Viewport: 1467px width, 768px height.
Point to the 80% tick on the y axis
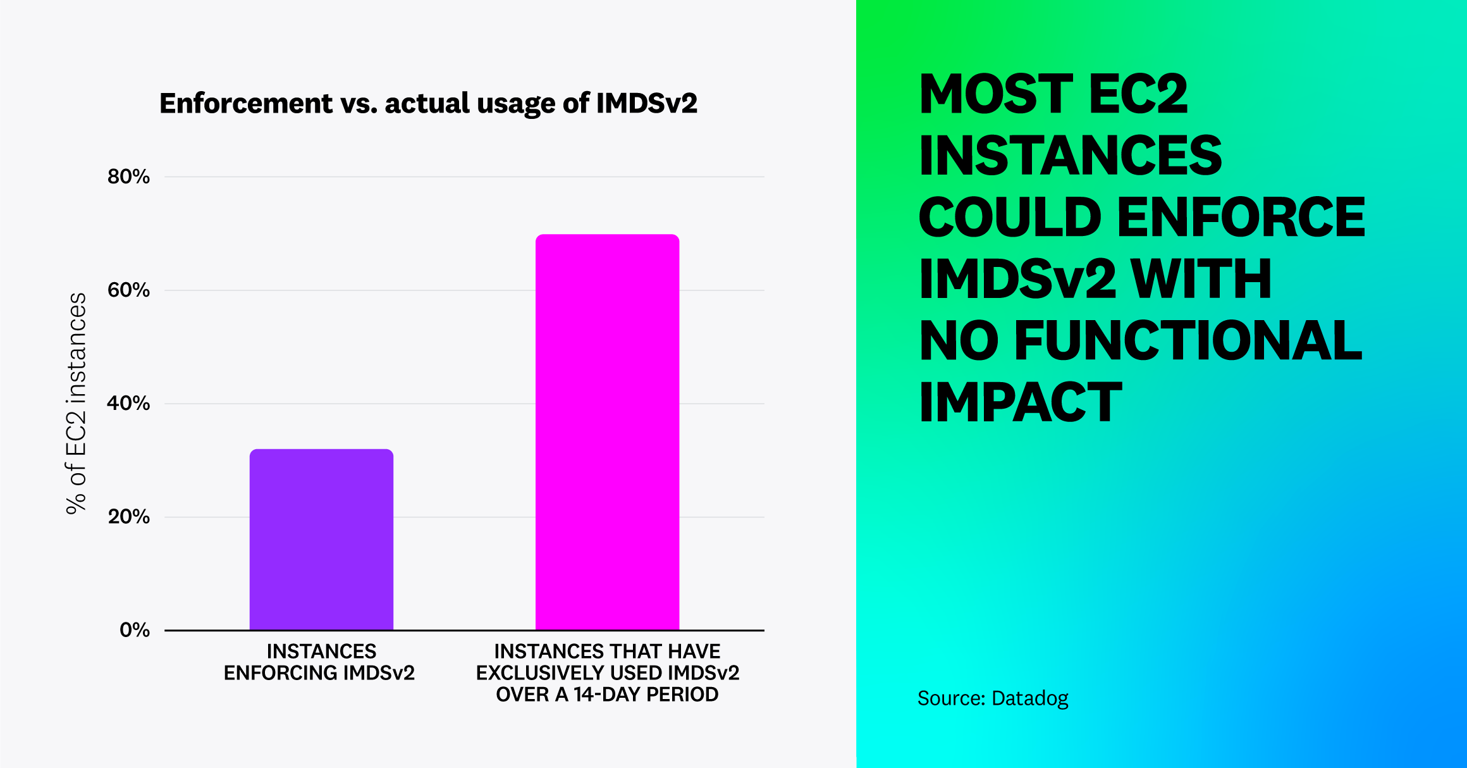point(128,177)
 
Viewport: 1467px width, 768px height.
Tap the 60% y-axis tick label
point(128,290)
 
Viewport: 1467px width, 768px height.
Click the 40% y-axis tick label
point(128,404)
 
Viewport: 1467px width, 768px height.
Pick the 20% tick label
point(128,517)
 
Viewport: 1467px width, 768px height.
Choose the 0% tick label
point(134,630)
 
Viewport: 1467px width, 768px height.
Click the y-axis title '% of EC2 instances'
point(77,404)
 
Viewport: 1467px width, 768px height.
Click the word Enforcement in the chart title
point(246,103)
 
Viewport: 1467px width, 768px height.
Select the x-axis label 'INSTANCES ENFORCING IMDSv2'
point(319,662)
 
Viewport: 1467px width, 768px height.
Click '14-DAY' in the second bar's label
point(607,695)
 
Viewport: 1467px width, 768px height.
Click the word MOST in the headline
point(996,94)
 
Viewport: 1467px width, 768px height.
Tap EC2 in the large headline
point(1138,94)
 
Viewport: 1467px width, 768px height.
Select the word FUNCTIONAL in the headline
point(1188,340)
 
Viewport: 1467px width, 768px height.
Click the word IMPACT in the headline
point(1020,402)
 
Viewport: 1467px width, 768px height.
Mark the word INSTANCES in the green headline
point(1070,156)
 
